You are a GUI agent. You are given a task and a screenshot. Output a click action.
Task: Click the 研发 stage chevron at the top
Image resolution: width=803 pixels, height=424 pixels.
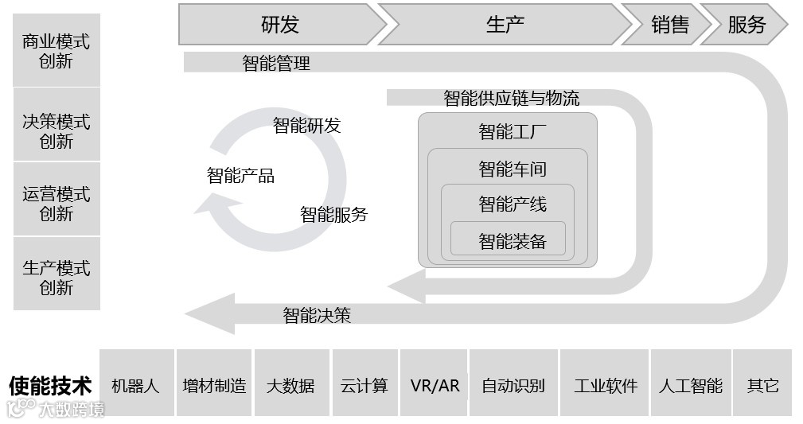(279, 25)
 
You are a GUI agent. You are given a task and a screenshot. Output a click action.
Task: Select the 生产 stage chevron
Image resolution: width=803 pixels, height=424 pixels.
(505, 25)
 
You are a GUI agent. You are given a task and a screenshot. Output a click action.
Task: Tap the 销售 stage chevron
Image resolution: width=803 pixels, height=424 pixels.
(669, 25)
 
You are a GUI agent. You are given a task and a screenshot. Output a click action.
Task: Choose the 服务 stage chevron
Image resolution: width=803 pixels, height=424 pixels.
(746, 25)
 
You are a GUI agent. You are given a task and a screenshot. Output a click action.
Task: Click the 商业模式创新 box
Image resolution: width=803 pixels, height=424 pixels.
(57, 50)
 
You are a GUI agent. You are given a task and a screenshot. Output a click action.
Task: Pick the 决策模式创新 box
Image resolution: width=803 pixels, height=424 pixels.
(57, 130)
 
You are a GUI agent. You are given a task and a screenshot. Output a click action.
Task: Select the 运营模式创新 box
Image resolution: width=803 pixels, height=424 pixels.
(57, 203)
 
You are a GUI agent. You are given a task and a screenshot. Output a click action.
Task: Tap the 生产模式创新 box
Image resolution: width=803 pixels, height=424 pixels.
(57, 277)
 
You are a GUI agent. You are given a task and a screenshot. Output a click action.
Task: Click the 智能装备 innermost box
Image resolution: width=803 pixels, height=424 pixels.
(512, 240)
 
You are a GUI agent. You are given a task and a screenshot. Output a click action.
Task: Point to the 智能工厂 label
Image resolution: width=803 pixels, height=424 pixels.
(512, 131)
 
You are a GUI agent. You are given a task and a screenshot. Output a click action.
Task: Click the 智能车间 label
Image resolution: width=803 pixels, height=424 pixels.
(512, 169)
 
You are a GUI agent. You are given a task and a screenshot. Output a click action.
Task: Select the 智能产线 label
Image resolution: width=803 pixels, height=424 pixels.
(512, 204)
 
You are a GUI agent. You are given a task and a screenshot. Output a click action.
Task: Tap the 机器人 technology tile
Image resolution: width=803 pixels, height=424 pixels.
(136, 386)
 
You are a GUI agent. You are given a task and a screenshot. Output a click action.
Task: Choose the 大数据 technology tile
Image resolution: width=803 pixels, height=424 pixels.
(290, 386)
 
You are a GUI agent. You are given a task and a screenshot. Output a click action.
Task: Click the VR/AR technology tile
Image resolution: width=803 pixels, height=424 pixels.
(435, 386)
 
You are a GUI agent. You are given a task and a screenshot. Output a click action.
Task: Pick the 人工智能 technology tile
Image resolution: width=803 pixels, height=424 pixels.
(690, 386)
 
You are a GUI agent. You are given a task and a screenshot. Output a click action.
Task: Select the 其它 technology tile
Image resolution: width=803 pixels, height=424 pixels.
(762, 386)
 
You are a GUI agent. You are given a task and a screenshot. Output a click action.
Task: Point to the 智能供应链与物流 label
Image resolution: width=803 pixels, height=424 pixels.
(511, 98)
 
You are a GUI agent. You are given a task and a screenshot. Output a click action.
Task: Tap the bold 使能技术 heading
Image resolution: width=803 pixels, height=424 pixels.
(50, 386)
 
